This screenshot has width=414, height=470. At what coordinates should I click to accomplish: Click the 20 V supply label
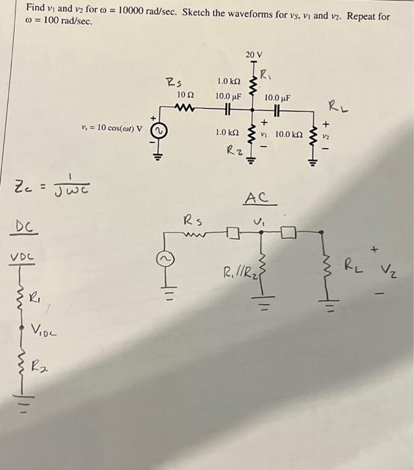254,54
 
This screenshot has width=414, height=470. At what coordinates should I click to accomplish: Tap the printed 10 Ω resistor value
185,95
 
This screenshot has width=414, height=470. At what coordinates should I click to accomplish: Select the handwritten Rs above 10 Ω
173,83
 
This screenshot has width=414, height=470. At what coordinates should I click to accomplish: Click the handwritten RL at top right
335,105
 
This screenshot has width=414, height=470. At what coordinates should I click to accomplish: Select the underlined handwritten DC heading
24,226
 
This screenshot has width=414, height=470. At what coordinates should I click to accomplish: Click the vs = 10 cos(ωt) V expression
112,128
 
